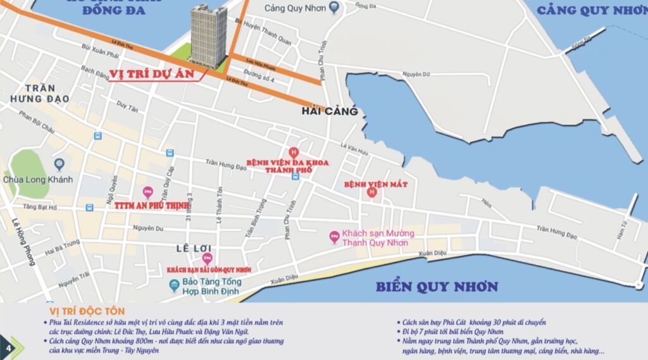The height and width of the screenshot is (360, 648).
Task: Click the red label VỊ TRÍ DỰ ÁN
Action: tap(155, 73)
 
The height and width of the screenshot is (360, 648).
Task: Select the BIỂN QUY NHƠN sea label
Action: tap(437, 287)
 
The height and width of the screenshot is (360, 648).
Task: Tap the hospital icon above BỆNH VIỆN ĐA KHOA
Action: tap(293, 152)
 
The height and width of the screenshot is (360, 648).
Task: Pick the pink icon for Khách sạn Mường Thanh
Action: tap(334, 237)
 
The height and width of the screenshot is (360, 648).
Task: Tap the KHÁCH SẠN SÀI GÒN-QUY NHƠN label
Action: tap(209, 270)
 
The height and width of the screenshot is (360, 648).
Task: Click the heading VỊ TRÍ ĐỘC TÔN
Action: tap(87, 311)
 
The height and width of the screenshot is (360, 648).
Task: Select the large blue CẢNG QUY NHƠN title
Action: tap(591, 10)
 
